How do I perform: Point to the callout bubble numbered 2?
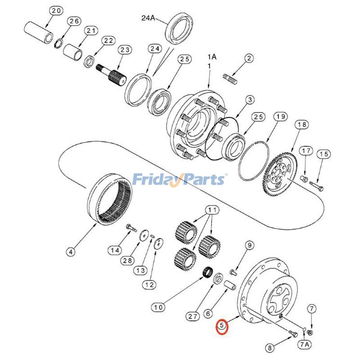coord(249,58)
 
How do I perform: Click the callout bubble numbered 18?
coord(301,125)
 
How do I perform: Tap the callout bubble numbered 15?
coord(324,154)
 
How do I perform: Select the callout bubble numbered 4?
coord(70,252)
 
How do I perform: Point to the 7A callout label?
coord(305,345)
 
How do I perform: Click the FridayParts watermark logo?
coord(180,179)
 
